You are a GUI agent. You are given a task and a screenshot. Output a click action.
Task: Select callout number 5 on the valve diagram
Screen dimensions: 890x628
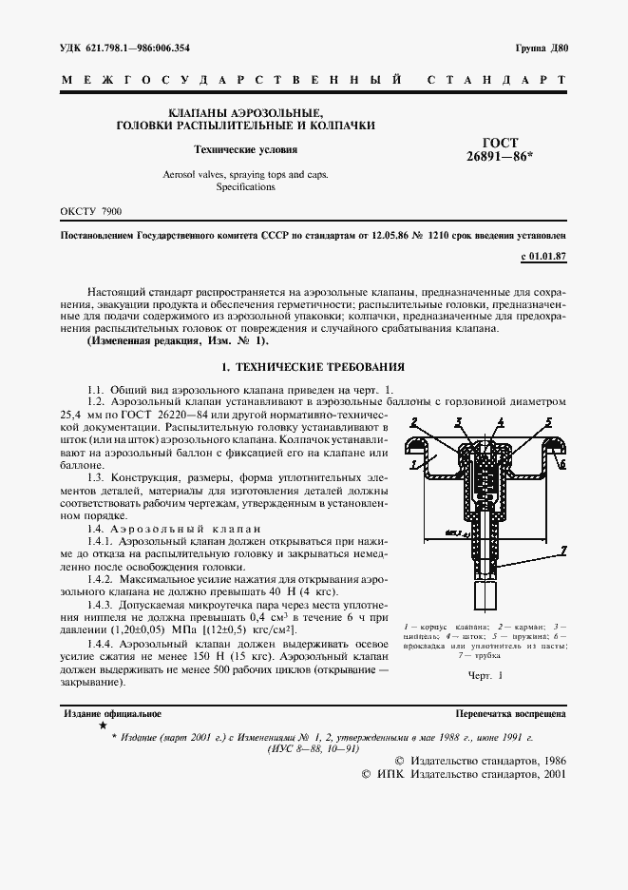[x=548, y=421]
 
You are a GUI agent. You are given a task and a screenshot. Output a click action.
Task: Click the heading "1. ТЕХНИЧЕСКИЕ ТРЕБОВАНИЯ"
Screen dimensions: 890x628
[x=314, y=366]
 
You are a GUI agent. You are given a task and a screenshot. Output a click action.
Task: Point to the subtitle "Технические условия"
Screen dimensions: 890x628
[x=245, y=149]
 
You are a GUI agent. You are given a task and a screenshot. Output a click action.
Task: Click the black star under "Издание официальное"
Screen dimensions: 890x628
[x=103, y=726]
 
